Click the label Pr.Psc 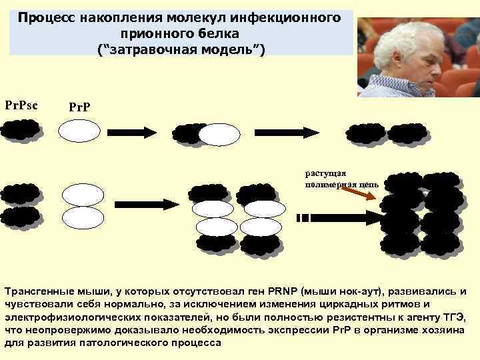pyautogui.click(x=21, y=105)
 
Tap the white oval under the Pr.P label pyautogui.click(x=79, y=131)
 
